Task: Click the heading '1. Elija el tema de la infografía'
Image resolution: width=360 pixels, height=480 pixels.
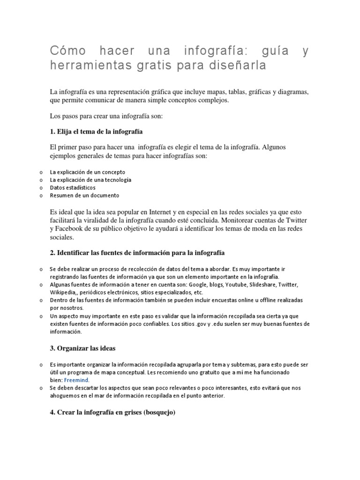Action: tap(96, 131)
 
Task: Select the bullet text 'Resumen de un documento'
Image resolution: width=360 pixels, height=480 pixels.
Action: tap(84, 195)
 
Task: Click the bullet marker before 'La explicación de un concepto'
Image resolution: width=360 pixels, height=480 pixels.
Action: tap(41, 172)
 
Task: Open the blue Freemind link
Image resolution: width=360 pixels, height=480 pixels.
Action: tap(76, 380)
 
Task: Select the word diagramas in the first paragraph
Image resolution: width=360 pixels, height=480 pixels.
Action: tap(292, 91)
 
